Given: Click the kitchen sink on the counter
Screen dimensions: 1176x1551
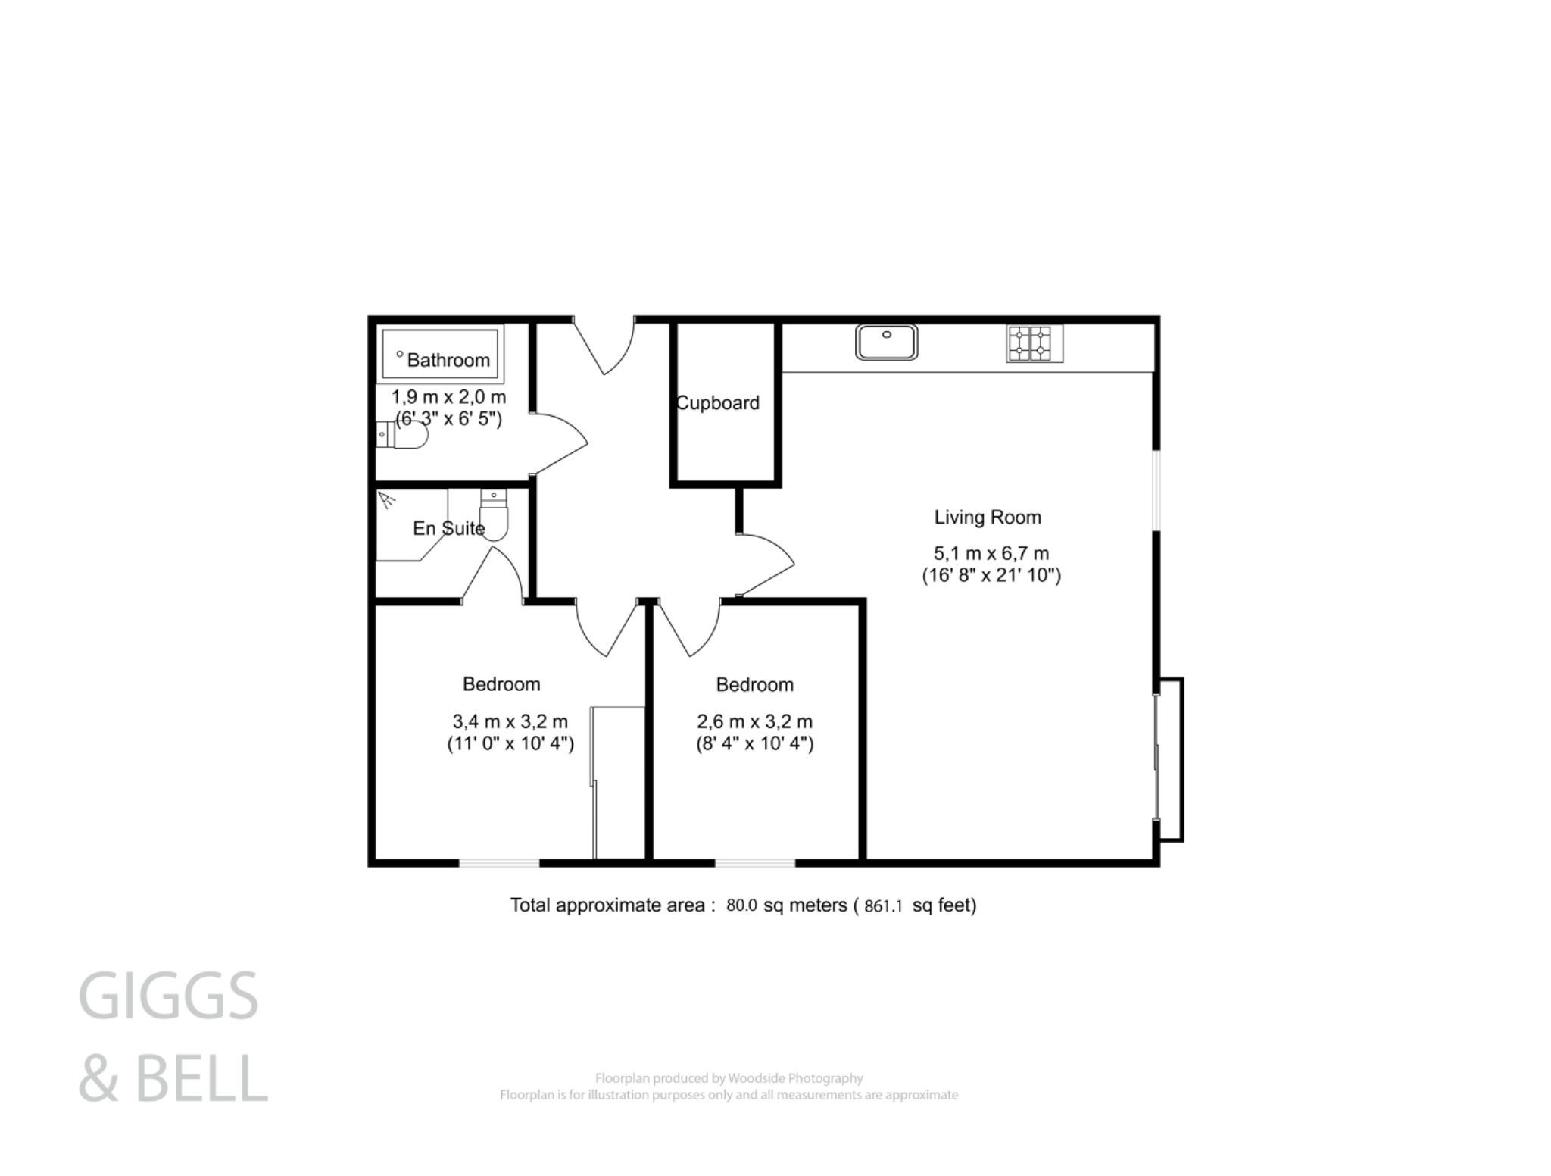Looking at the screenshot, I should (886, 342).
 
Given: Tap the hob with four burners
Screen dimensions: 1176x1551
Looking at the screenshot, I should (1034, 343).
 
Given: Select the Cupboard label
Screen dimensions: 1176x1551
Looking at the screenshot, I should (717, 403).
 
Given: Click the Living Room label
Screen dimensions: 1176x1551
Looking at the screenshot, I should (988, 518).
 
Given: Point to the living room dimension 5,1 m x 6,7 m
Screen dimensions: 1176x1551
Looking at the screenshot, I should (991, 553).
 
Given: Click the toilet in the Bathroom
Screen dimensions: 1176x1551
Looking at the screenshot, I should (406, 435).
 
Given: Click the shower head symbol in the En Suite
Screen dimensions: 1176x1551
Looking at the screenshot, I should (387, 499).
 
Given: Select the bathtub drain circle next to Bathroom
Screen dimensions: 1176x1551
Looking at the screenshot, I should (400, 354).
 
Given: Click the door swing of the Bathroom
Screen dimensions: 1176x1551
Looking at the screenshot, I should (559, 443).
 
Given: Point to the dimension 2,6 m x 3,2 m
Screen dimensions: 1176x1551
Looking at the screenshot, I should (754, 721).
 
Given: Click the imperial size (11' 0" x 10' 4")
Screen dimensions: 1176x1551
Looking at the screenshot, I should (510, 743).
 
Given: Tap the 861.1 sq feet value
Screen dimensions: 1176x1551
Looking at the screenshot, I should (883, 906).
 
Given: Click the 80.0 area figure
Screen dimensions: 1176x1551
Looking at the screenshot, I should (741, 905).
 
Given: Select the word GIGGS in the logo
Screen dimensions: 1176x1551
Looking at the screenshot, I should (168, 996).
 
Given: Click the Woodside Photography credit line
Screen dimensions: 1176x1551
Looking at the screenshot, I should (729, 1078).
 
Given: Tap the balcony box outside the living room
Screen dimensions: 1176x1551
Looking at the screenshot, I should (1170, 759).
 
